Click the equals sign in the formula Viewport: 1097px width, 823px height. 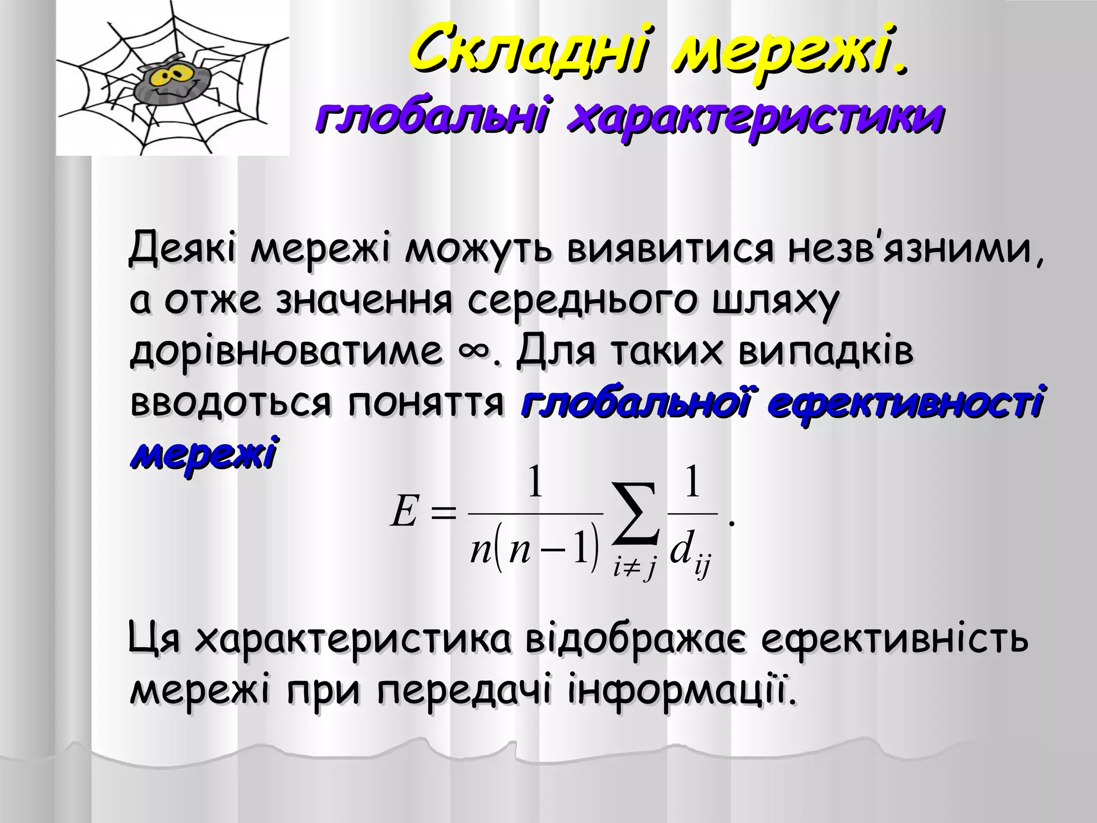pos(445,513)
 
